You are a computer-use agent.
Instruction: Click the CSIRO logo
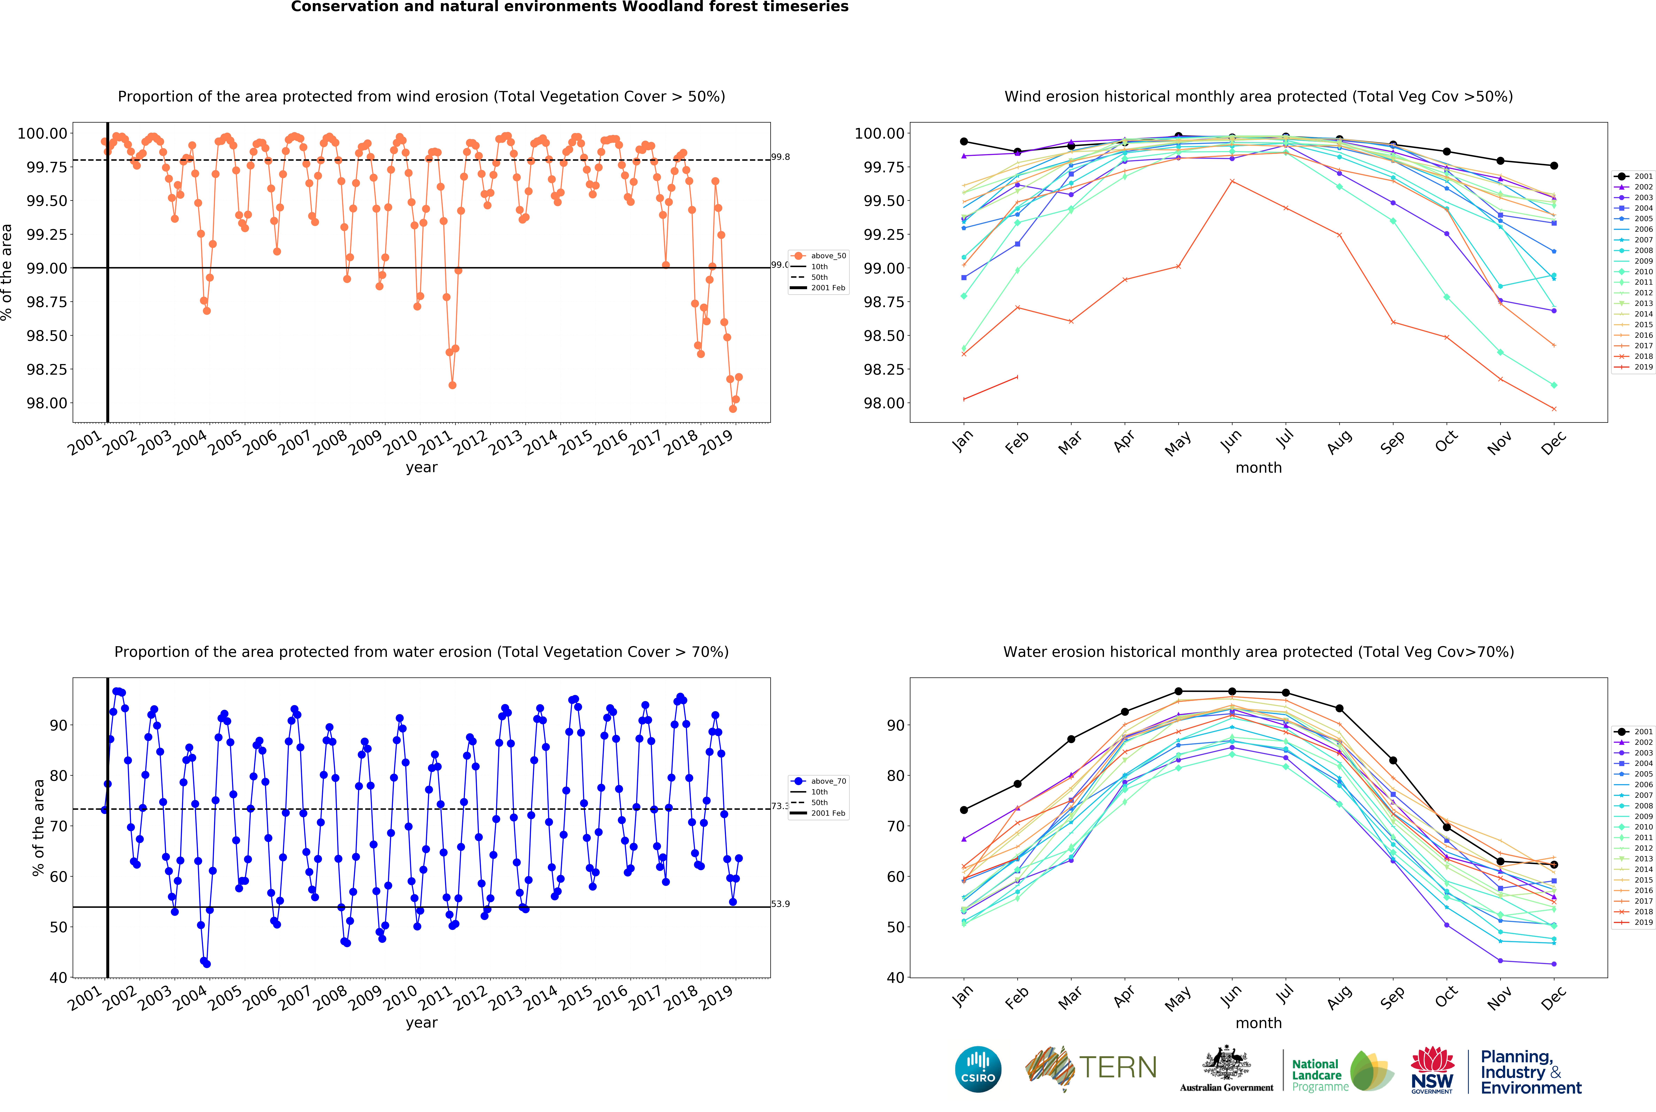(x=978, y=1069)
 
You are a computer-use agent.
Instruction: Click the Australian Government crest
(x=1226, y=1064)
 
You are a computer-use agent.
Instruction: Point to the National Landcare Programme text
(x=1317, y=1075)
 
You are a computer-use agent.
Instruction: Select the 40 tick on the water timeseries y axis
(x=58, y=977)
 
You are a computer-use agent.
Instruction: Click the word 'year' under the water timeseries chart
(x=421, y=1023)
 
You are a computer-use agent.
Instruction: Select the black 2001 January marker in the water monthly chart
(x=964, y=810)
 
